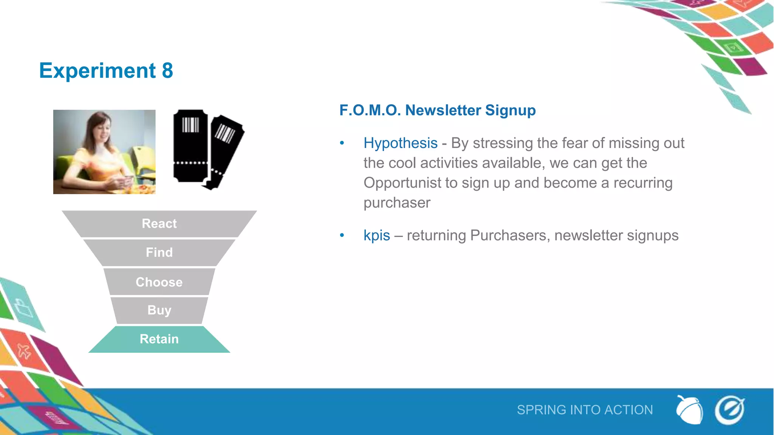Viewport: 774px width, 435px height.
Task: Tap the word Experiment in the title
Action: click(98, 71)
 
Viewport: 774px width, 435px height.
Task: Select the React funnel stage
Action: click(159, 224)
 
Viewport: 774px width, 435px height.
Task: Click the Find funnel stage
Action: click(159, 252)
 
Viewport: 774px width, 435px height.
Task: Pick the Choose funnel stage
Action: click(159, 282)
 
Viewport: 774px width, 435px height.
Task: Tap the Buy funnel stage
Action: click(159, 310)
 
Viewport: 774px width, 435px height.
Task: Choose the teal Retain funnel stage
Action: click(159, 339)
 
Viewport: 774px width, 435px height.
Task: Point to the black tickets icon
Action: click(208, 149)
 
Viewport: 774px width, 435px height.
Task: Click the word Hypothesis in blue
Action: click(400, 143)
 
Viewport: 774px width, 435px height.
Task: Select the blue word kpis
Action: click(376, 235)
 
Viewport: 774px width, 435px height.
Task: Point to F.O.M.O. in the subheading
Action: click(370, 110)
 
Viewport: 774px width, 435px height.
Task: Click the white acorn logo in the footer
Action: click(689, 410)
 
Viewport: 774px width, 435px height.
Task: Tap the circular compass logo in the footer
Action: click(729, 410)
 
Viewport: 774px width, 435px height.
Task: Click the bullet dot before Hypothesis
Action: click(342, 143)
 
